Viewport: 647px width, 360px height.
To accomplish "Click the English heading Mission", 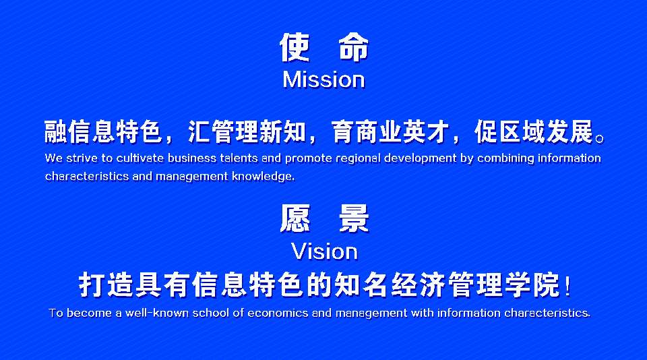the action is [x=324, y=80].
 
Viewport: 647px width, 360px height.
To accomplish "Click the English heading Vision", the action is [x=324, y=251].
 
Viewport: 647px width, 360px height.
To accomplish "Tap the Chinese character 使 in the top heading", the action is [x=295, y=47].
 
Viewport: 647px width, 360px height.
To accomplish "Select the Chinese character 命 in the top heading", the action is [x=354, y=47].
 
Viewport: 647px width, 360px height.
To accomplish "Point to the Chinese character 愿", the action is [x=295, y=218].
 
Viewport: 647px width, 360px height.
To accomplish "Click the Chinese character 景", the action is [x=354, y=218].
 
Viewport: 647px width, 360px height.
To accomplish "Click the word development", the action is [x=421, y=159].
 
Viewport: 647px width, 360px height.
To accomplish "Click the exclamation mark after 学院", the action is [x=568, y=286].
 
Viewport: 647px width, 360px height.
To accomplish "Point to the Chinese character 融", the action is [x=56, y=132].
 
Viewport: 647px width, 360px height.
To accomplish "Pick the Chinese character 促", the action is [x=487, y=132].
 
